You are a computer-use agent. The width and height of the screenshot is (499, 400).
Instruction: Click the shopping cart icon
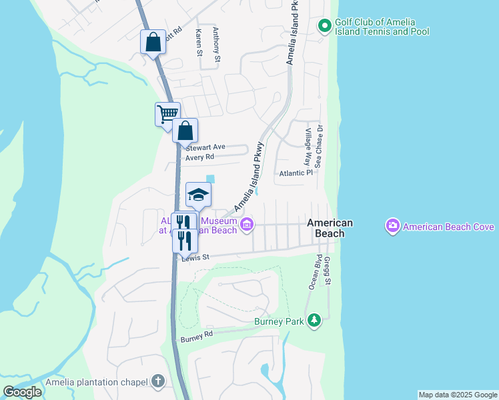tap(167, 113)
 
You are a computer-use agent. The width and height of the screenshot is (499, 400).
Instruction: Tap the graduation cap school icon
tap(198, 194)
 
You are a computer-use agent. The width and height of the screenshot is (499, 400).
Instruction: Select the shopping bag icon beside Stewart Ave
tap(185, 129)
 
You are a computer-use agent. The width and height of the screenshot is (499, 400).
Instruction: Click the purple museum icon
tap(247, 224)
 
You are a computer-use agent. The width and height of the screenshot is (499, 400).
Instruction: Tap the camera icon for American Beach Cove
tap(392, 227)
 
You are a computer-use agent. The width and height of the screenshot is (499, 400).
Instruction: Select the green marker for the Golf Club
tap(324, 26)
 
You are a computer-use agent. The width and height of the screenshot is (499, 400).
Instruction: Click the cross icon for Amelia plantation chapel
tap(157, 382)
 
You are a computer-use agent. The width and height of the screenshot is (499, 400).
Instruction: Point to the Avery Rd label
tap(199, 157)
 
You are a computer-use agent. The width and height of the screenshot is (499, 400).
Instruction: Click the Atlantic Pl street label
tap(296, 173)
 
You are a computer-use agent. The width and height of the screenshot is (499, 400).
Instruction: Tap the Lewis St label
tap(196, 257)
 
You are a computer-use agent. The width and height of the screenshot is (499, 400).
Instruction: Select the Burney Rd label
tap(197, 337)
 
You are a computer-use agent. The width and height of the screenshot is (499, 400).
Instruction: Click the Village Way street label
tap(308, 148)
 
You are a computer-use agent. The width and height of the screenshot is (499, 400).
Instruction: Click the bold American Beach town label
tap(330, 228)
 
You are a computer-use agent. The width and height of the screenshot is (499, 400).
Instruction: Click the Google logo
tap(22, 391)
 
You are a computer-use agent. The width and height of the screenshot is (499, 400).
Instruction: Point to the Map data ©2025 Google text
tap(458, 395)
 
